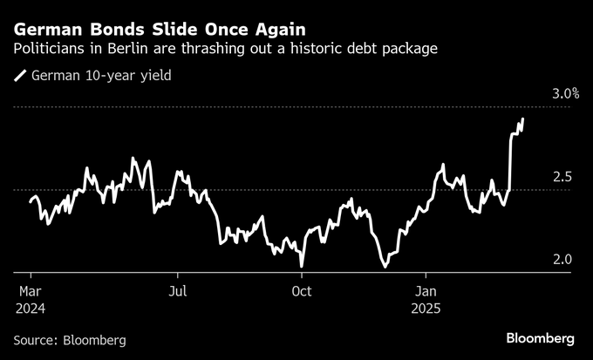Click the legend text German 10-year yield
tap(100, 76)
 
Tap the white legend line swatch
tap(20, 76)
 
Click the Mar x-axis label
tap(30, 290)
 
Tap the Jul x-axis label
tap(178, 290)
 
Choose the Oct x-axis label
tap(302, 290)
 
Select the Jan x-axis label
tap(426, 290)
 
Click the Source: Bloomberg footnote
tap(70, 339)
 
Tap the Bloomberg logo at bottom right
tap(541, 338)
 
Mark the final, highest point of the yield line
tap(523, 119)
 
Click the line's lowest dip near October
tap(302, 266)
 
